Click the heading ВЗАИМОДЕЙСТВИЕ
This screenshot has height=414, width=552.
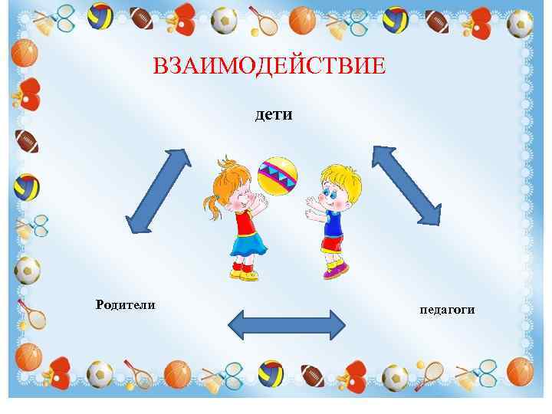(269, 67)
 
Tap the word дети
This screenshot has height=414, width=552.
(274, 115)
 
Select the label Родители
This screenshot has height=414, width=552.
(125, 305)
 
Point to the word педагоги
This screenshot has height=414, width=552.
(447, 310)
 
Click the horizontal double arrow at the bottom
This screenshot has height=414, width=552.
(287, 324)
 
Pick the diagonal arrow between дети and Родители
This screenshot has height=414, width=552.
(158, 189)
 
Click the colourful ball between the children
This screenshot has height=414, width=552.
(278, 176)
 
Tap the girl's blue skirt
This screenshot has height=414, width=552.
(247, 244)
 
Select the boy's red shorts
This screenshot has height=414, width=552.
(333, 243)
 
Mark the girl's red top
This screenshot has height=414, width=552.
(244, 222)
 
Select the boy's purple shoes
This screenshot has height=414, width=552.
(336, 269)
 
